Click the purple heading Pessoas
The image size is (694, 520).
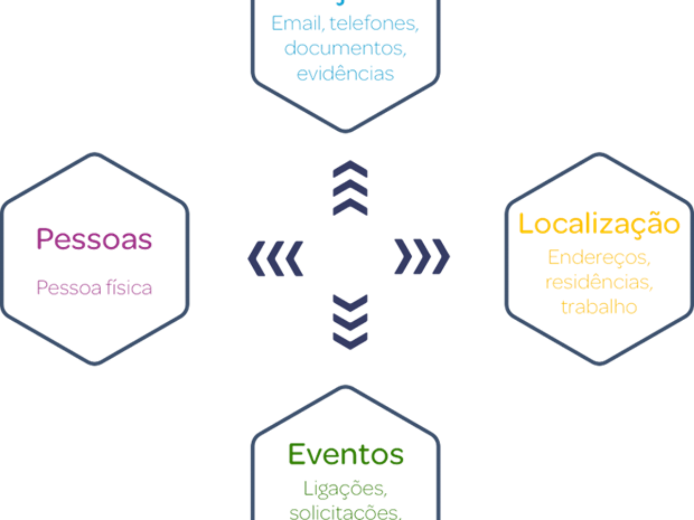click(x=94, y=239)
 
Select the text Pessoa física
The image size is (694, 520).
click(x=94, y=287)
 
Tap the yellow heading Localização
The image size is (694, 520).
click(x=599, y=224)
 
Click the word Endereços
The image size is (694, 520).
click(x=599, y=257)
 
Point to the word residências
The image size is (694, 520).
click(x=599, y=283)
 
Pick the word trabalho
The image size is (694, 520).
click(x=599, y=306)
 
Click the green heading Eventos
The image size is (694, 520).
click(x=345, y=454)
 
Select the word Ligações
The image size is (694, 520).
click(x=345, y=488)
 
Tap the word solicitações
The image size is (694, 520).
click(x=345, y=512)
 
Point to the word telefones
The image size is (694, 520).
click(x=379, y=24)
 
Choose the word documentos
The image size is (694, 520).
click(x=345, y=49)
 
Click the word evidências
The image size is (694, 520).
click(x=345, y=73)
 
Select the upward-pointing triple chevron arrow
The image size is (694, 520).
click(x=350, y=188)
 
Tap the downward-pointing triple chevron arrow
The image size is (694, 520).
click(x=350, y=321)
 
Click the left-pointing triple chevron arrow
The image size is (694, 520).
click(x=275, y=257)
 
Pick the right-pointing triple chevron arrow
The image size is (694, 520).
click(x=422, y=256)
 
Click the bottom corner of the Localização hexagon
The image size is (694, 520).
click(x=600, y=365)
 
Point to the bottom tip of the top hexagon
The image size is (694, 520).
click(x=346, y=132)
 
